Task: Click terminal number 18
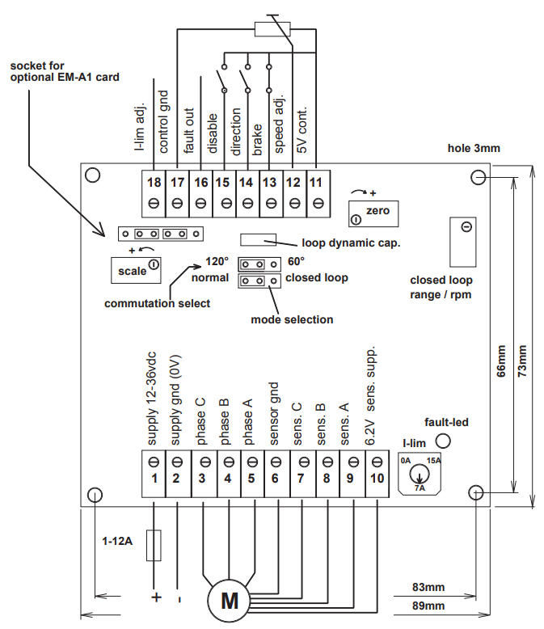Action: pyautogui.click(x=154, y=183)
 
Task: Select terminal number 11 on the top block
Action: pyautogui.click(x=316, y=183)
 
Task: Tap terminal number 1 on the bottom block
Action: pyautogui.click(x=154, y=478)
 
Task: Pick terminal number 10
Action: pyautogui.click(x=377, y=478)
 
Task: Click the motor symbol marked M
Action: pyautogui.click(x=229, y=601)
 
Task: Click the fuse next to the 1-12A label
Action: pyautogui.click(x=154, y=545)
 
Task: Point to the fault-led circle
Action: pyautogui.click(x=443, y=441)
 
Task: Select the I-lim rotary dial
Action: pyautogui.click(x=420, y=475)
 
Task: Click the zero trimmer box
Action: pyautogui.click(x=373, y=213)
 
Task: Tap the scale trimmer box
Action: pyautogui.click(x=136, y=270)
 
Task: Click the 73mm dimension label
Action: pyautogui.click(x=522, y=361)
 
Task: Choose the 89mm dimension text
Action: pyautogui.click(x=428, y=606)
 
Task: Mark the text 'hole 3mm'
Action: pyautogui.click(x=474, y=148)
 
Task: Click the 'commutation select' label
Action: pyautogui.click(x=157, y=303)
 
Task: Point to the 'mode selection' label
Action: pyautogui.click(x=292, y=319)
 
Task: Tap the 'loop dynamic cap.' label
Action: pyautogui.click(x=351, y=243)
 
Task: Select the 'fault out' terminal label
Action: pyautogui.click(x=188, y=130)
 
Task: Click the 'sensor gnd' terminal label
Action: pyautogui.click(x=274, y=414)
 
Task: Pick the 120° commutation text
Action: pyautogui.click(x=217, y=262)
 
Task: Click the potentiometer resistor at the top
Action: pyautogui.click(x=272, y=29)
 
